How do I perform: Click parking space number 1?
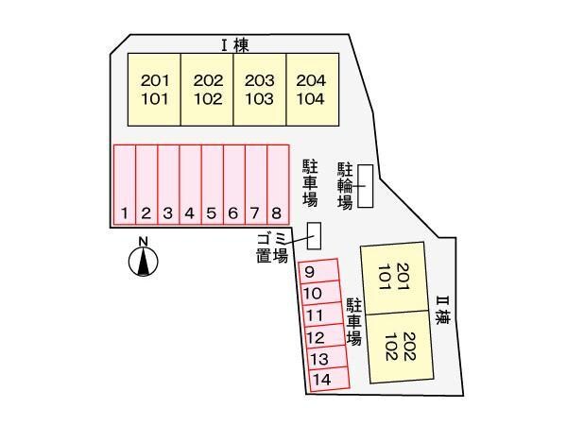point(124,185)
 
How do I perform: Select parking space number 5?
point(212,185)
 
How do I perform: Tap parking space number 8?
point(277,185)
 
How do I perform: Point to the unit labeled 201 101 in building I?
point(155,89)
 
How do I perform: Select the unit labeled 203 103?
point(260,89)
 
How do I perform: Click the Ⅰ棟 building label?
point(234,44)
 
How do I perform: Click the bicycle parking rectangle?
point(366,186)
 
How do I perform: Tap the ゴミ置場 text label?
point(273,247)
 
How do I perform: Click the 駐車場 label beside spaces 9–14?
point(355,321)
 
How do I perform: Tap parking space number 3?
point(168,185)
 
